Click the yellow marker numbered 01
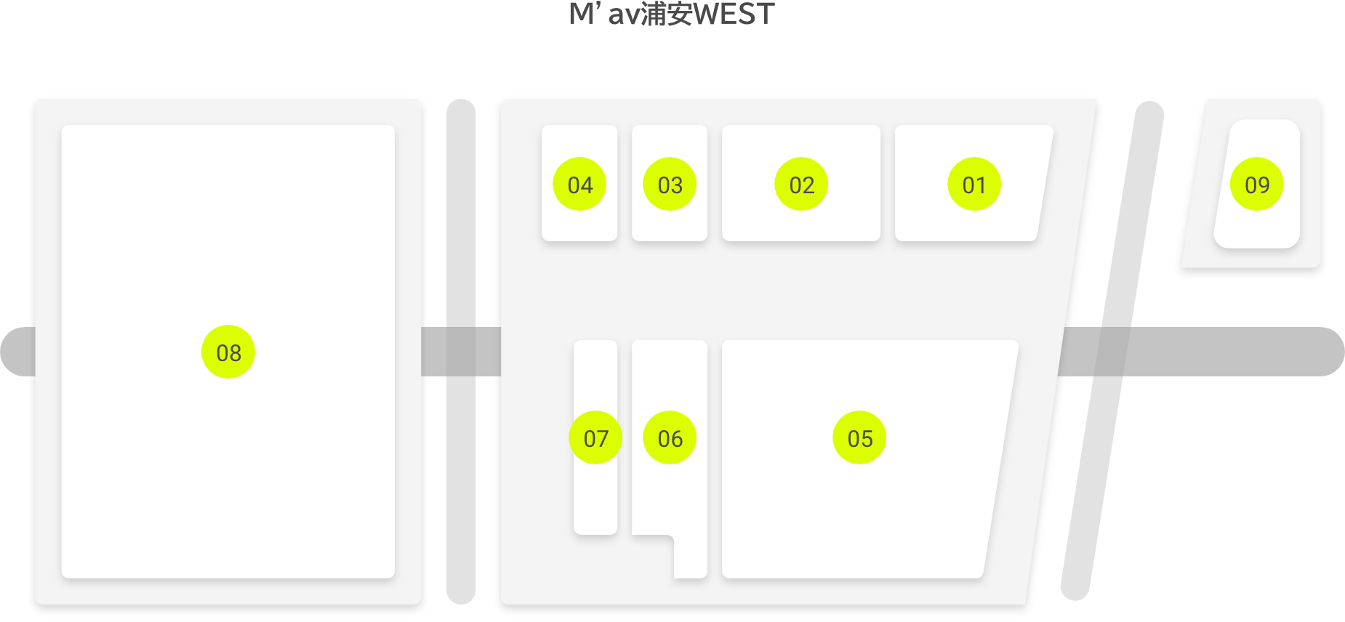point(974,185)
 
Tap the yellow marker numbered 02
point(801,185)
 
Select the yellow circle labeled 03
point(670,185)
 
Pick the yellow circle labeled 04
point(579,185)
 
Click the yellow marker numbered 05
point(859,438)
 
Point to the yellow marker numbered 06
point(670,438)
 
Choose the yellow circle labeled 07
point(595,438)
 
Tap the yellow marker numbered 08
point(228,352)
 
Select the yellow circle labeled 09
point(1256,185)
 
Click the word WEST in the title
point(734,15)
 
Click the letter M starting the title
point(582,15)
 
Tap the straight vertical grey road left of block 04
point(461,352)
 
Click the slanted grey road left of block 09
point(1112,351)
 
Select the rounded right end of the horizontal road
point(1329,352)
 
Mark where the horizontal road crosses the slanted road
point(1112,352)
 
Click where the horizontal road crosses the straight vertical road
point(461,352)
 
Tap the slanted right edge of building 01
point(1045,183)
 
